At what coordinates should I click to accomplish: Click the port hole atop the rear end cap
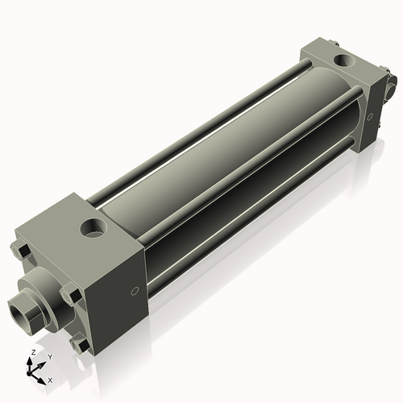[x=346, y=60]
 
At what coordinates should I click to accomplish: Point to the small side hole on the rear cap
[x=370, y=116]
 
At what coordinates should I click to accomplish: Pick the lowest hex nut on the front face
[x=79, y=345]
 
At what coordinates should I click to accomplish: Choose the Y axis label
[x=49, y=356]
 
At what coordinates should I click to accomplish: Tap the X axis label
[x=50, y=379]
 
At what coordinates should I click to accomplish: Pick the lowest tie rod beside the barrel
[x=242, y=234]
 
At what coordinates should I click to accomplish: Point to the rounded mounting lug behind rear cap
[x=392, y=84]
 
